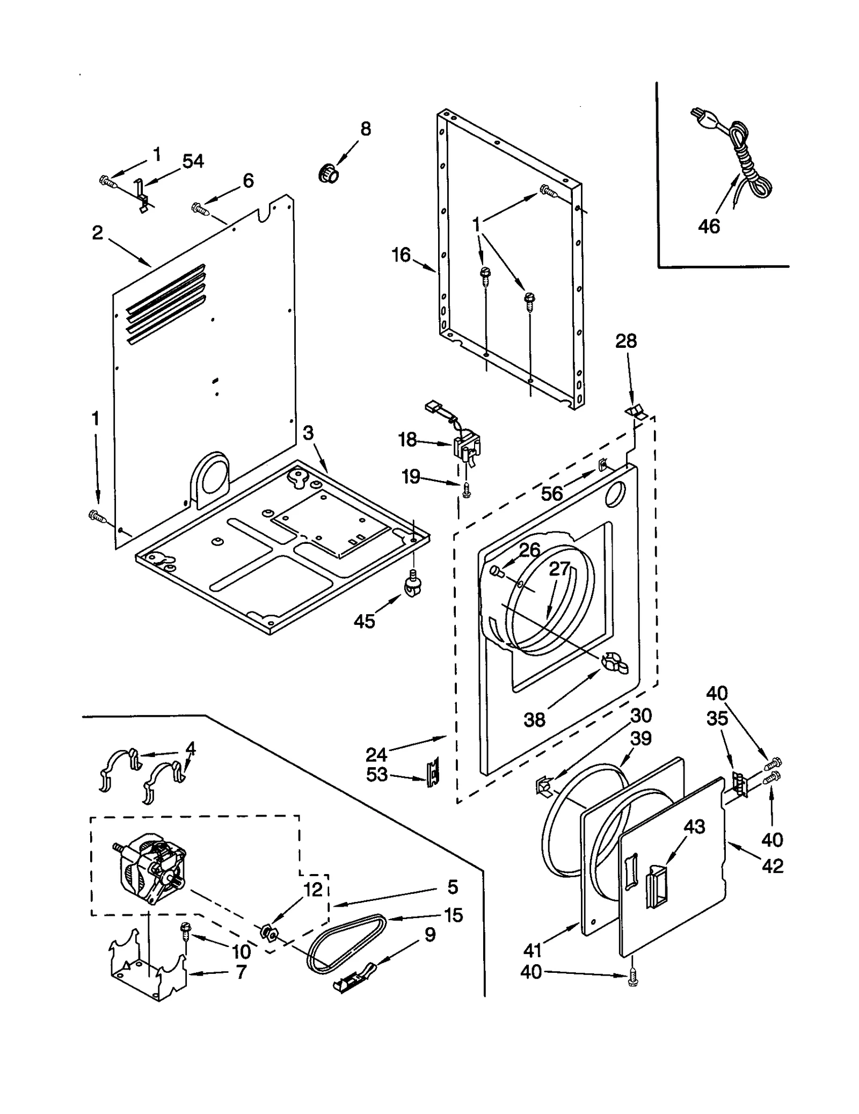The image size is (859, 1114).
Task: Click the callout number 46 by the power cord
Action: tap(708, 227)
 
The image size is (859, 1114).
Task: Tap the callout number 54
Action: tap(193, 161)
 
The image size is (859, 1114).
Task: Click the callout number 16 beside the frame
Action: tap(401, 255)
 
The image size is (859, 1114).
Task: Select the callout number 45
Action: tap(364, 621)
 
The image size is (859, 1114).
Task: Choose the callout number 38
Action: tap(534, 719)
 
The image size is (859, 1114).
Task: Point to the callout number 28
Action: tap(625, 340)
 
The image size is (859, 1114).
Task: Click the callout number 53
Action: tap(376, 775)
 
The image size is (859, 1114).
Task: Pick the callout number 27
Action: tap(559, 569)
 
